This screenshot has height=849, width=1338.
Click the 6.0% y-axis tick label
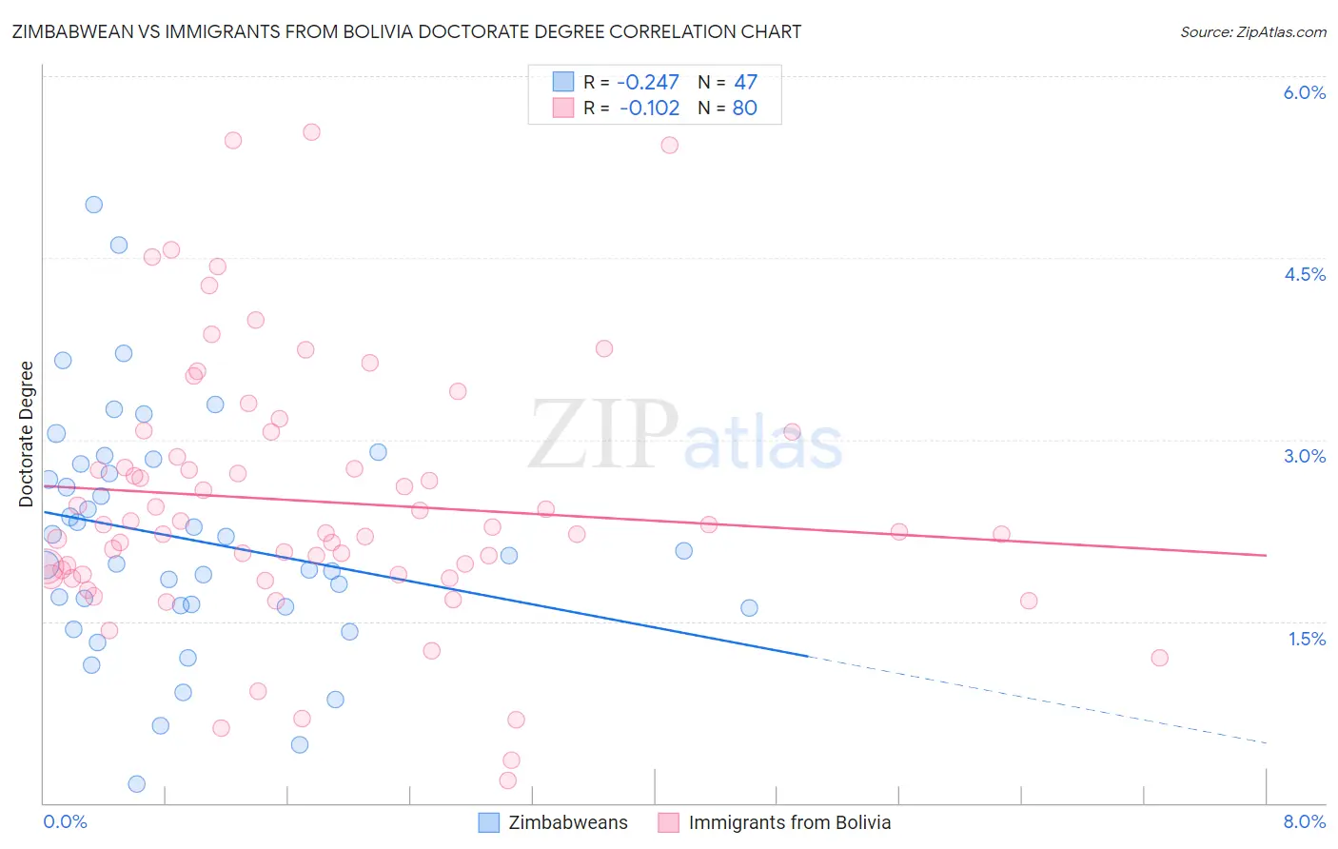click(x=1304, y=92)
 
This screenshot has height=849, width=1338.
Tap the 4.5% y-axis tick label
click(x=1304, y=274)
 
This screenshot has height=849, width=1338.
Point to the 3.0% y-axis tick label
click(x=1304, y=456)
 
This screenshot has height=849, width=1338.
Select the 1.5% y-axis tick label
click(x=1307, y=639)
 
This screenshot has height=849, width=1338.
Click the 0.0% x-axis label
click(x=65, y=821)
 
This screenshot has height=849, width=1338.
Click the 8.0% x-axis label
click(x=1304, y=821)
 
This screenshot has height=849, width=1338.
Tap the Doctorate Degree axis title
click(x=27, y=434)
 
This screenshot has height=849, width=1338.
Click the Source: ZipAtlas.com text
click(x=1252, y=32)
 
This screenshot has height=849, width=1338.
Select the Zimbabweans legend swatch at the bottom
click(x=488, y=822)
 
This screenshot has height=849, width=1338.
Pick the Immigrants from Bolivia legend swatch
click(x=669, y=822)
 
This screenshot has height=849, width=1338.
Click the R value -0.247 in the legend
click(x=649, y=83)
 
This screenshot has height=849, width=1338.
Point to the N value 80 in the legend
click(x=744, y=109)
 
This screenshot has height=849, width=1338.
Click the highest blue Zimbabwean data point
click(x=93, y=205)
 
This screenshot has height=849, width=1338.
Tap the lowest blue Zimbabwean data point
click(x=136, y=784)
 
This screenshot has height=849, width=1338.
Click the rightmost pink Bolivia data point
click(x=1159, y=658)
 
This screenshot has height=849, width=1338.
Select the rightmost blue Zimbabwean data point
click(x=749, y=608)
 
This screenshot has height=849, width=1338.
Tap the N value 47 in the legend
click(x=745, y=83)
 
